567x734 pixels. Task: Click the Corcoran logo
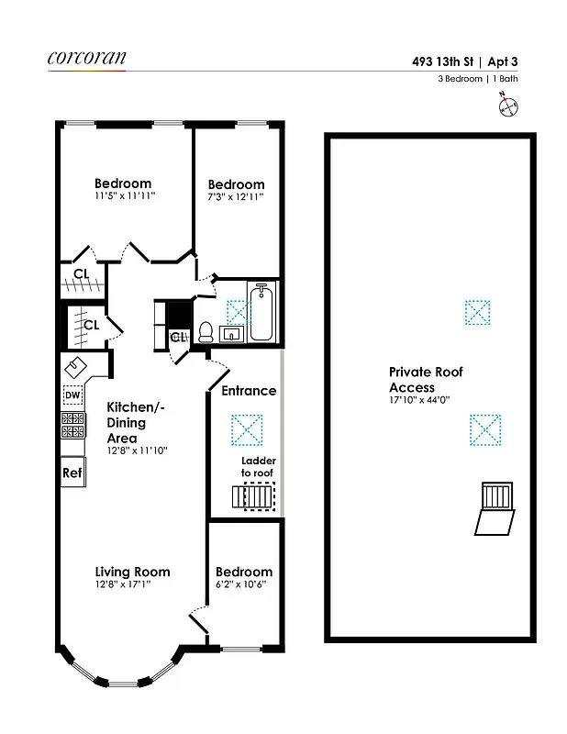click(87, 57)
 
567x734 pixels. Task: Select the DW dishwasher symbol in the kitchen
click(72, 395)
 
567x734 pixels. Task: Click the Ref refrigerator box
click(72, 473)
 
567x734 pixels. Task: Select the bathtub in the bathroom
click(261, 313)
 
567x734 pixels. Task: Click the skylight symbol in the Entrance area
click(247, 428)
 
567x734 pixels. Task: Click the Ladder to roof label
click(257, 467)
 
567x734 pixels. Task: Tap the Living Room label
click(132, 572)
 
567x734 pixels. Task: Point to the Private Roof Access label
click(426, 380)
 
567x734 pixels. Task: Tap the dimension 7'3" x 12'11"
click(236, 197)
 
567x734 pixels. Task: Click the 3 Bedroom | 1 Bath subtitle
click(479, 80)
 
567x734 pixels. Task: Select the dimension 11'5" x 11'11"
click(135, 196)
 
